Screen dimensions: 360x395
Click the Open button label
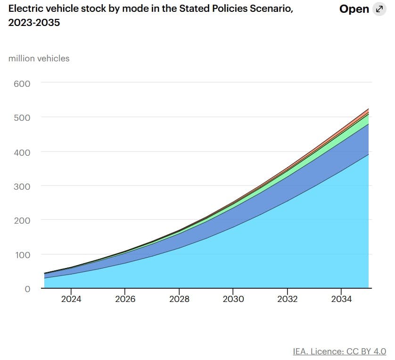tap(354, 9)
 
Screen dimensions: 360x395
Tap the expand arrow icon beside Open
tap(379, 9)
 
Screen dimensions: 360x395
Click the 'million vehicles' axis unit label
tap(39, 59)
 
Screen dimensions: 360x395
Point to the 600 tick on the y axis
tap(22, 84)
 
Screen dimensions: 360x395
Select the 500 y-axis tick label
tap(22, 118)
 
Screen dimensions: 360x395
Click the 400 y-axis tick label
tap(22, 152)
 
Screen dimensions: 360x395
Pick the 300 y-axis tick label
tap(22, 186)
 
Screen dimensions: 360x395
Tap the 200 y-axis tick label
tap(22, 220)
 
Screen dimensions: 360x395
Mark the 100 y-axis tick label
tap(22, 255)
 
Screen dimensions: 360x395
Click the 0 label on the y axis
tap(27, 289)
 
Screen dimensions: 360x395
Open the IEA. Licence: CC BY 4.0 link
tap(339, 351)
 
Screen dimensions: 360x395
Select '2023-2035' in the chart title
tap(34, 22)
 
